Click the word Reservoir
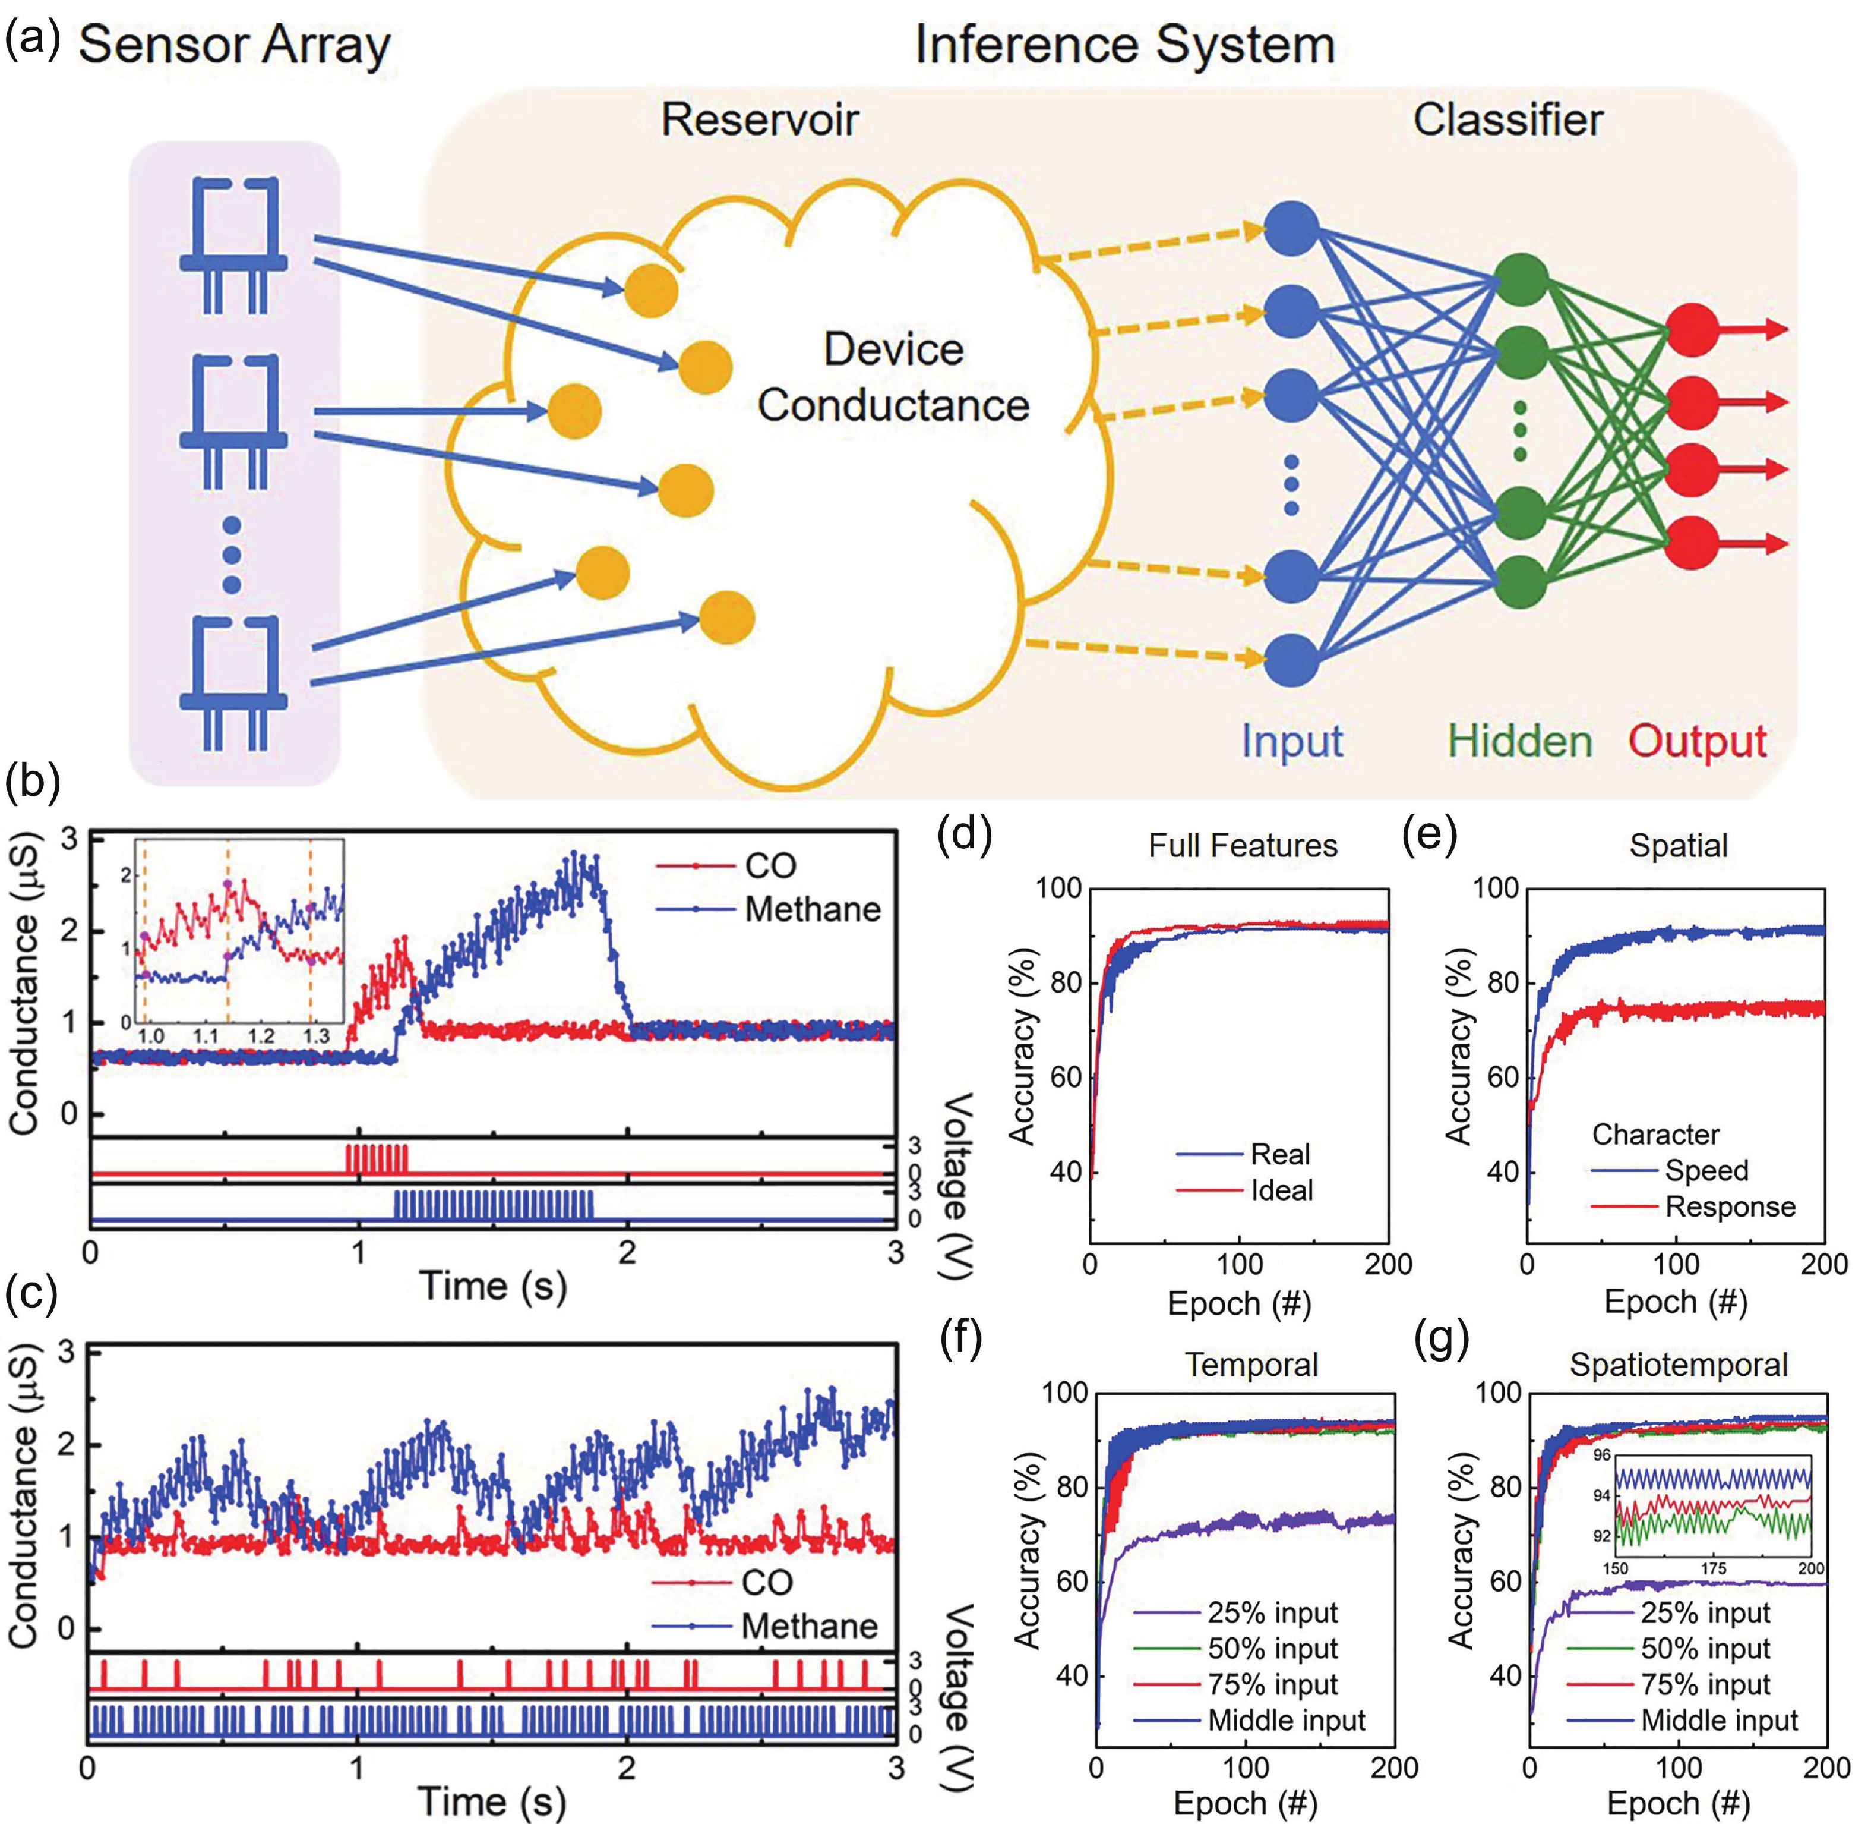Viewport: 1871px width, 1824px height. (x=759, y=119)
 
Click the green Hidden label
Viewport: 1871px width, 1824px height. (x=1519, y=742)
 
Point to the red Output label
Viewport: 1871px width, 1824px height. (x=1698, y=742)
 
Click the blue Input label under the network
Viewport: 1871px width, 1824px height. (x=1292, y=742)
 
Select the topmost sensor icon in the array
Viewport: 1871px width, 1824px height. (x=233, y=244)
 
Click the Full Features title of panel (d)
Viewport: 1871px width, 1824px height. (x=1243, y=845)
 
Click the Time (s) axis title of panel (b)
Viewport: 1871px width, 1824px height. (x=492, y=1285)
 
